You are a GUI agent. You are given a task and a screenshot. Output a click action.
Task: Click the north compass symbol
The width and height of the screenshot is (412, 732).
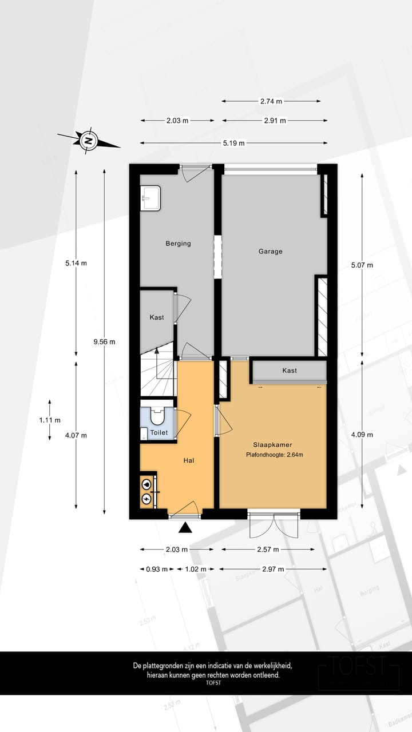(x=88, y=140)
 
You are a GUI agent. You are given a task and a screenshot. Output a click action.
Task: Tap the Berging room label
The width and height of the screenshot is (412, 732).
(x=178, y=243)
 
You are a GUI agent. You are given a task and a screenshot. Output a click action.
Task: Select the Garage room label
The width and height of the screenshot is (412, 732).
(x=270, y=251)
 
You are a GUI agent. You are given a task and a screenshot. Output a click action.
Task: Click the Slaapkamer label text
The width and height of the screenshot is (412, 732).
(x=271, y=444)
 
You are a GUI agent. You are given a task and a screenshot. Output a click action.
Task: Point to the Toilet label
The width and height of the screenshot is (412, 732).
(x=159, y=433)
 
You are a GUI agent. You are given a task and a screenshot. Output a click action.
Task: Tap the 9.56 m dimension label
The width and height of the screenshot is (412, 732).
(x=104, y=341)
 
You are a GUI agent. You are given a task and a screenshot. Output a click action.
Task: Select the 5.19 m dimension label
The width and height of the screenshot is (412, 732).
(x=233, y=143)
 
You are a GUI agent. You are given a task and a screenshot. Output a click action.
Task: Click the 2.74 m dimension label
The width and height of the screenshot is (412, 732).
(x=271, y=101)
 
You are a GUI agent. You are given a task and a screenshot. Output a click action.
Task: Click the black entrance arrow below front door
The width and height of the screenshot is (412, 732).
(x=185, y=527)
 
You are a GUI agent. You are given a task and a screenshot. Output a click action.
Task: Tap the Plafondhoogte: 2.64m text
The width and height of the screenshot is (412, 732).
(x=274, y=455)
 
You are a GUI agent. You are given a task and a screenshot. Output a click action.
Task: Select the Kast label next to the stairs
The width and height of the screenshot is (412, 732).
(x=157, y=317)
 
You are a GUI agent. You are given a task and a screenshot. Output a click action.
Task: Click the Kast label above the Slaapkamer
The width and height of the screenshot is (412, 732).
(x=290, y=371)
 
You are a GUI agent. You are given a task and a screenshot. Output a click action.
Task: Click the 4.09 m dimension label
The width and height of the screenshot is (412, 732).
(x=362, y=435)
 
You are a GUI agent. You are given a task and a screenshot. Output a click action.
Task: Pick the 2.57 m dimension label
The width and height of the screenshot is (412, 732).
(x=268, y=550)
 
